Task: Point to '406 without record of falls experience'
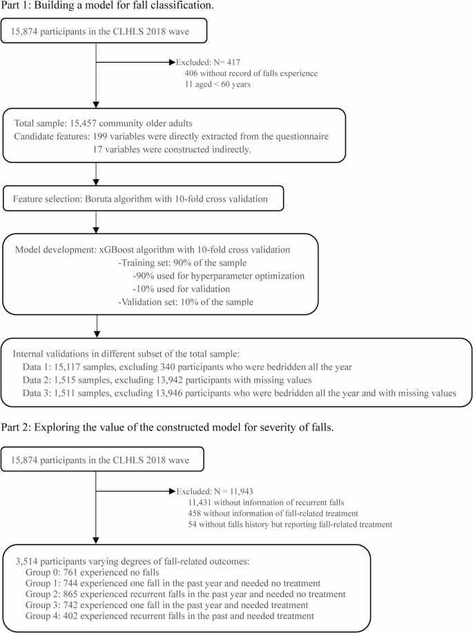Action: (258, 74)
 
